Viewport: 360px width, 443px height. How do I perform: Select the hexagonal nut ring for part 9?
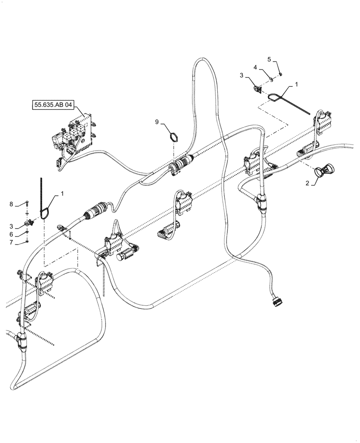point(175,135)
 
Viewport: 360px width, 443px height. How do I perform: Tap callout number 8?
point(12,204)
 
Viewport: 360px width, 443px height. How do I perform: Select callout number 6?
point(12,234)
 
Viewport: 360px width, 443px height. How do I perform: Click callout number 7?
point(12,243)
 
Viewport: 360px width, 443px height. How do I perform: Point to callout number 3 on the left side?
point(12,226)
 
